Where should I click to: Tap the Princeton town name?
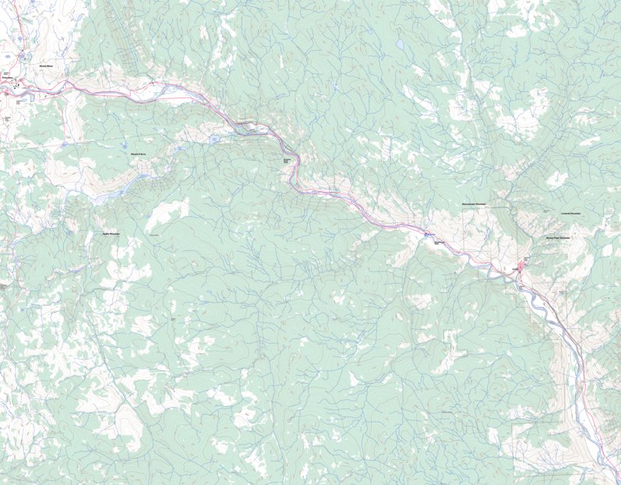(x=9, y=79)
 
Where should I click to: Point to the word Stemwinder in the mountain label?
(x=468, y=204)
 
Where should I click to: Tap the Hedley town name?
(x=526, y=259)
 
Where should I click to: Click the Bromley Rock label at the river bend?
(x=286, y=161)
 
